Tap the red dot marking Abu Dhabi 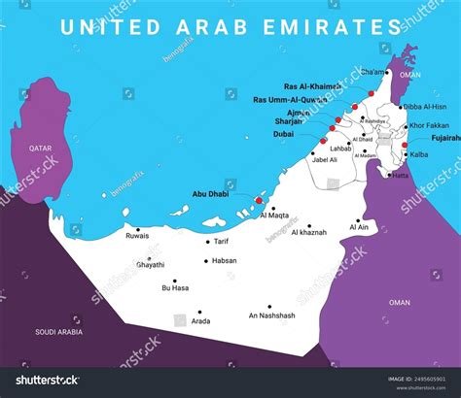[258, 201]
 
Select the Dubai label [284, 135]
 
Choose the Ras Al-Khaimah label [312, 85]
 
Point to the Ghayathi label [151, 264]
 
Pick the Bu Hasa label [175, 287]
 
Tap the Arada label [199, 319]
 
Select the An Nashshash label [271, 314]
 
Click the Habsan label [224, 260]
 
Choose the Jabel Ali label [323, 159]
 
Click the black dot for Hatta [385, 175]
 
